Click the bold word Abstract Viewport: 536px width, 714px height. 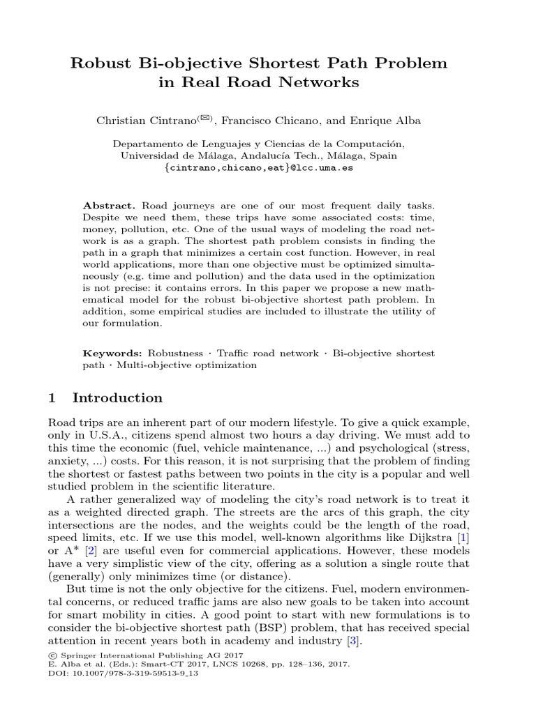pos(109,206)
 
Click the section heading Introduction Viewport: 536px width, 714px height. pos(117,398)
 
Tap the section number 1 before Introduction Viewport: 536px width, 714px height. pos(52,398)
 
